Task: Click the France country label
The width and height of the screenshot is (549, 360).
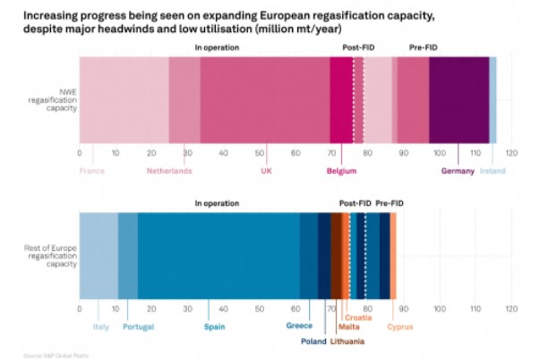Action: pos(92,171)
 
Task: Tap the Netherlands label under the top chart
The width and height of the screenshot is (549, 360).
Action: pos(169,171)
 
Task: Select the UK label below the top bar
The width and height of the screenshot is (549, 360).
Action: pos(266,171)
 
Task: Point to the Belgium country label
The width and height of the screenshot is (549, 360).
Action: pos(340,171)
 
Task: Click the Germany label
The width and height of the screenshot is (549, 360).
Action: pos(457,171)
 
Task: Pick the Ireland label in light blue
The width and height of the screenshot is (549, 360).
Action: pos(493,171)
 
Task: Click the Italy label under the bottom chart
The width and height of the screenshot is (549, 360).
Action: pos(100,326)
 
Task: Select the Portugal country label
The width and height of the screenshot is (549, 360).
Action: pos(139,326)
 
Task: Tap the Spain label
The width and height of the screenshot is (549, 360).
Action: pos(214,326)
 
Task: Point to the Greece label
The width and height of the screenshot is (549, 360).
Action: pos(298,326)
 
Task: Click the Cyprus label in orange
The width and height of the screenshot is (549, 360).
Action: pos(400,326)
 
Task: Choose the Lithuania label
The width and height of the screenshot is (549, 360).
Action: pos(347,341)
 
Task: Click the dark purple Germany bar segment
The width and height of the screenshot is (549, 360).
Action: pos(459,99)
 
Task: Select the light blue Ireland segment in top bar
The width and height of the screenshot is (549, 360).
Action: pos(493,99)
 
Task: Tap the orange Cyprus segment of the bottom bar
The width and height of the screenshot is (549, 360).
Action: pos(392,255)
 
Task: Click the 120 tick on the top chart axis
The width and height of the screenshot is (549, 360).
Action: pos(511,153)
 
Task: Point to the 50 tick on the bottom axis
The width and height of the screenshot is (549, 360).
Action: pos(259,309)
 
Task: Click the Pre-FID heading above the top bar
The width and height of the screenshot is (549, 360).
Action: pos(424,47)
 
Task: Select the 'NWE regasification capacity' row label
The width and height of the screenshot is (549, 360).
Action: pos(52,99)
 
